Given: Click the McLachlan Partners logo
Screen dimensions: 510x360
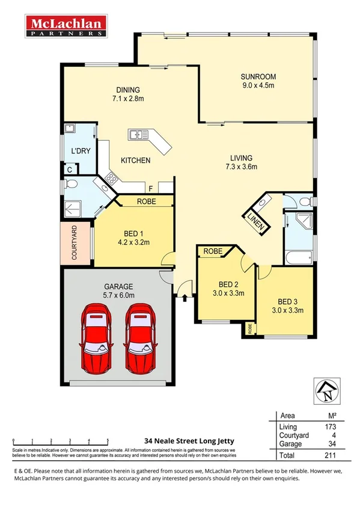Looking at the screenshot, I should (x=66, y=26).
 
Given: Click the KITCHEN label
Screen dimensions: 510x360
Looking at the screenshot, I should (x=136, y=161).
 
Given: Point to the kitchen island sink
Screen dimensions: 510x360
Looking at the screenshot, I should (x=139, y=134).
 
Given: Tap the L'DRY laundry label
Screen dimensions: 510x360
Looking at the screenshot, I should (x=81, y=151).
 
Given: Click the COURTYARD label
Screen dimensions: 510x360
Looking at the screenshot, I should (x=75, y=243).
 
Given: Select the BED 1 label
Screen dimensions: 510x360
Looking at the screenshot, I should (x=130, y=233).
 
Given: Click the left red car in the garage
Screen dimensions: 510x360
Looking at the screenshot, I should (x=97, y=337).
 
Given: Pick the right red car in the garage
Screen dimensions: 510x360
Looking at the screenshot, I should (x=139, y=337).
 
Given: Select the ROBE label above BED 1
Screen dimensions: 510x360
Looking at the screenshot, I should (x=147, y=202).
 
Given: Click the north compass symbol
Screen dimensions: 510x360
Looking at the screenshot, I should (x=327, y=392).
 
